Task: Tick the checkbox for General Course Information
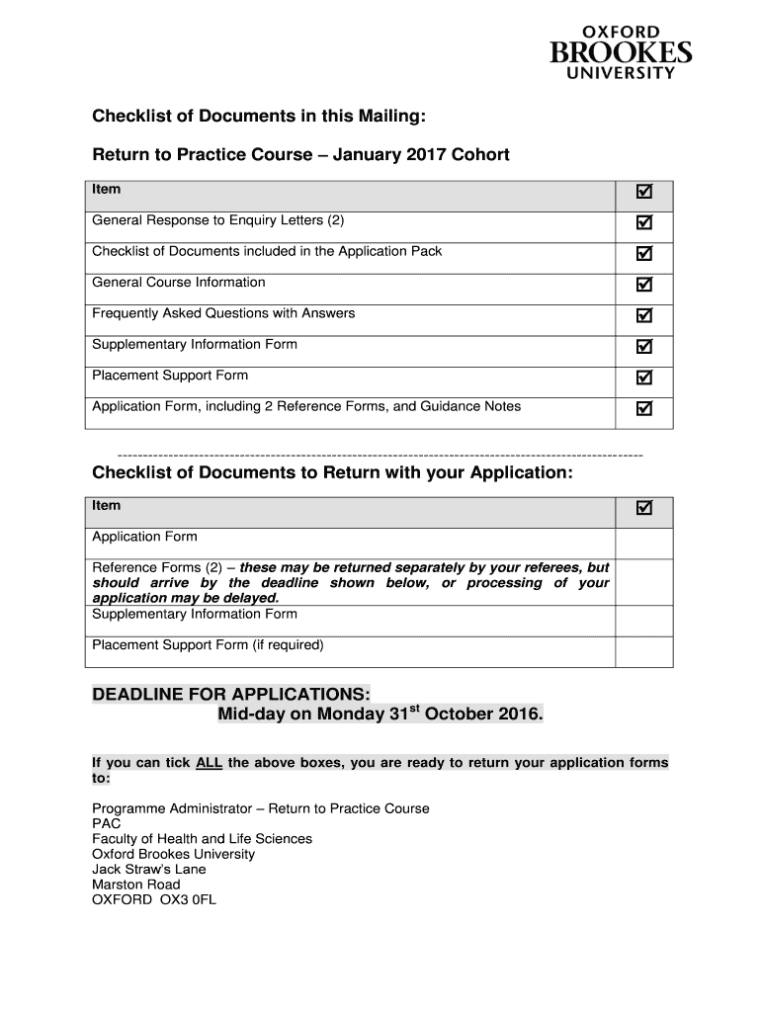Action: click(644, 285)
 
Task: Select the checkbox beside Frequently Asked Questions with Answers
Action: click(644, 315)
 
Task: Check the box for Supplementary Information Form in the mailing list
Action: click(644, 346)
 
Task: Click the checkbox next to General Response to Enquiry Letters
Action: click(644, 222)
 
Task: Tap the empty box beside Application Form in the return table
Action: click(644, 543)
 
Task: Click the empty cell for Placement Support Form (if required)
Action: click(644, 651)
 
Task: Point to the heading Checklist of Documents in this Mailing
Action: click(259, 118)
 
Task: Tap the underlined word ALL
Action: click(209, 763)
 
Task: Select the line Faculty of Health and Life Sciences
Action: click(202, 839)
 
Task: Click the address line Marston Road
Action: click(136, 885)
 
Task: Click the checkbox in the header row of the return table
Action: click(644, 508)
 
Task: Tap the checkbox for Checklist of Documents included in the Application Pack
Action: click(644, 253)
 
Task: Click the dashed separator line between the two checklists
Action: click(380, 454)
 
